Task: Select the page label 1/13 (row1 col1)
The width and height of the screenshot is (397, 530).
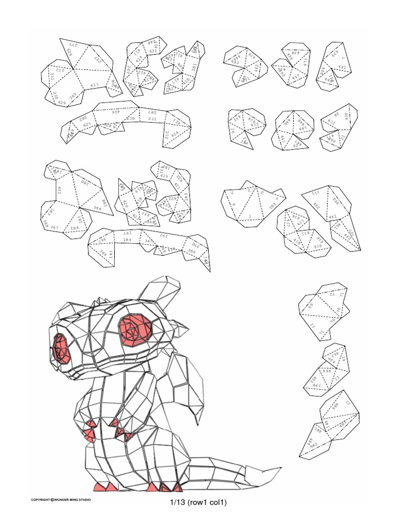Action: (198, 502)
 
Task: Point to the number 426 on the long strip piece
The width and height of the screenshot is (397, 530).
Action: (114, 111)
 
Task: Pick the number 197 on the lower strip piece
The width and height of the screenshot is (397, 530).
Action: (127, 234)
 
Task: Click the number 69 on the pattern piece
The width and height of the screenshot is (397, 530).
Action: (312, 306)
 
